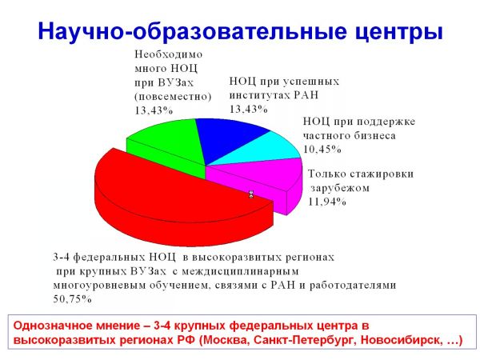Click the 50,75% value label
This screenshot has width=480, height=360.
[73, 299]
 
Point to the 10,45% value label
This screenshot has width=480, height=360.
[322, 150]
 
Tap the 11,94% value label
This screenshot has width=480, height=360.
[327, 202]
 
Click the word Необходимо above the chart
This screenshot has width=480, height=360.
[168, 54]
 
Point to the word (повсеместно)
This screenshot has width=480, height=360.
[173, 97]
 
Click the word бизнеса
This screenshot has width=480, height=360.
[374, 136]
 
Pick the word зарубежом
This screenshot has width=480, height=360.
[340, 188]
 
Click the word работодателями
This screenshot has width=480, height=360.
[353, 286]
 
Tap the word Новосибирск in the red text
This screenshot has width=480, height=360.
[400, 340]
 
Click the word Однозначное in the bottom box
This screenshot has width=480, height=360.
[52, 326]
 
